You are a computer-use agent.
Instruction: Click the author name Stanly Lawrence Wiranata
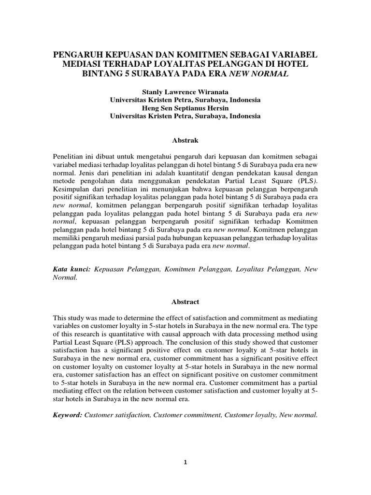point(185,91)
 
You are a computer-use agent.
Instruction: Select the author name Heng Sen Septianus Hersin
point(185,108)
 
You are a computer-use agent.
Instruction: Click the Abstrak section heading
point(185,140)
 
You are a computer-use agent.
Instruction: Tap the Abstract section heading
point(185,301)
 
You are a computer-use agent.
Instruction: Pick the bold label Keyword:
point(67,414)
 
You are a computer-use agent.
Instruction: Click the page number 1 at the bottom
point(185,462)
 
